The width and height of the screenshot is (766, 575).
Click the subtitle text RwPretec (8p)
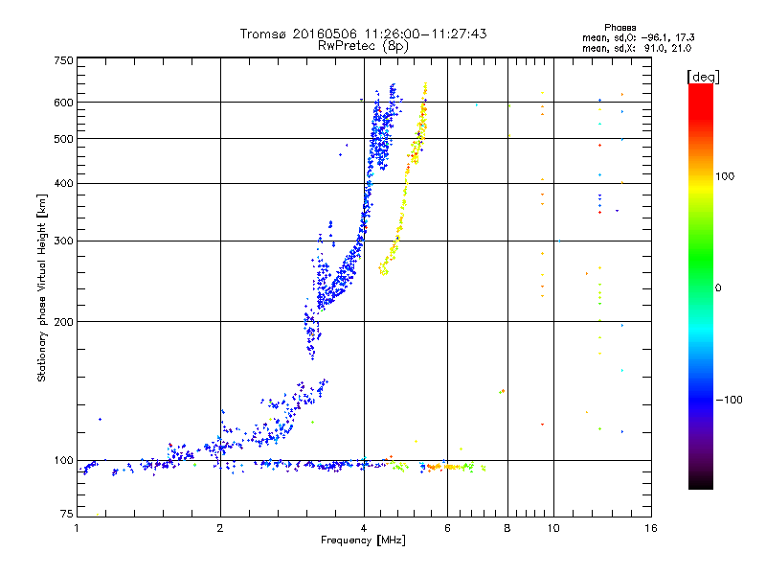click(363, 46)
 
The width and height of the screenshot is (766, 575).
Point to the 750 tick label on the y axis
click(63, 60)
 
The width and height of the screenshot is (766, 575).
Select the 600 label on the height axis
click(63, 103)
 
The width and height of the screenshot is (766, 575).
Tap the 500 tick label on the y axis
click(63, 139)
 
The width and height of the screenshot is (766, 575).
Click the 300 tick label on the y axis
click(63, 241)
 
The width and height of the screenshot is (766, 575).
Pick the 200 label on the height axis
click(63, 322)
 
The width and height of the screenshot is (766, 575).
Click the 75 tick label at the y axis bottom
click(67, 514)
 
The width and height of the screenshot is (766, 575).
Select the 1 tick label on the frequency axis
click(77, 528)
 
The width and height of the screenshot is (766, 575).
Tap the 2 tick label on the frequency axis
click(220, 528)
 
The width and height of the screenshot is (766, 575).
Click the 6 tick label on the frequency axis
click(447, 528)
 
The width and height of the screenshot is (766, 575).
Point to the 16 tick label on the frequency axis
click(651, 528)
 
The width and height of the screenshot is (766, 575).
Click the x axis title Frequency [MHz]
click(363, 540)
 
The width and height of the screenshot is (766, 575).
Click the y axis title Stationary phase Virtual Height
click(41, 288)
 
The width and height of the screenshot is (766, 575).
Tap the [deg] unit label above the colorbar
click(703, 77)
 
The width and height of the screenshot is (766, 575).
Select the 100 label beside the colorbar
click(725, 176)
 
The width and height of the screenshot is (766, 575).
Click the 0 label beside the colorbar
click(718, 288)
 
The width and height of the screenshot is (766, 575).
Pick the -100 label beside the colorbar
click(729, 400)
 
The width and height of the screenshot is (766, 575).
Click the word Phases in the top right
click(620, 28)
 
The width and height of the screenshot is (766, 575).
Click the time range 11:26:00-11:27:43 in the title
click(425, 34)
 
